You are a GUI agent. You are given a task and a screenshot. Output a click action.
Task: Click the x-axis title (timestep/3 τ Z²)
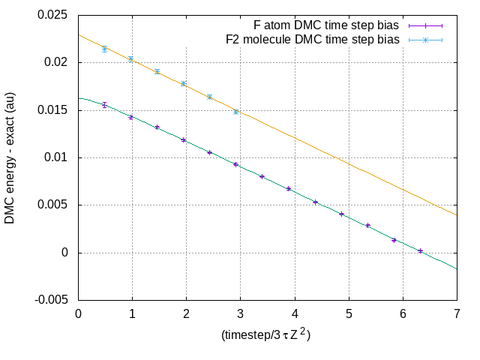tap(266, 334)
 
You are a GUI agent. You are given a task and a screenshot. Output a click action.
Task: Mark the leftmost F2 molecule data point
tap(105, 49)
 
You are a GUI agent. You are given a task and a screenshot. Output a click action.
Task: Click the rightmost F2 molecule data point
tap(236, 112)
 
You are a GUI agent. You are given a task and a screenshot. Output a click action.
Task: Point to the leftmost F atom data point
tap(105, 105)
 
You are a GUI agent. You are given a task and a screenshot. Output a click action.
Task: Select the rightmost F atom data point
tap(421, 250)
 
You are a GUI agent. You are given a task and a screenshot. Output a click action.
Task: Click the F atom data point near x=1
tap(131, 117)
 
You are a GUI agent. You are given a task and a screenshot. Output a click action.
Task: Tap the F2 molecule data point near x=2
tap(184, 84)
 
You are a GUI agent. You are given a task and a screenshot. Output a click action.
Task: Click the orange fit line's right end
tap(457, 215)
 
